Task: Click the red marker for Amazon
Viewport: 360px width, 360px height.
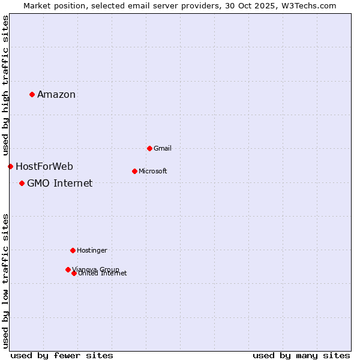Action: (32, 94)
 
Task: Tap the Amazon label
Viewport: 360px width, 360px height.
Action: (56, 94)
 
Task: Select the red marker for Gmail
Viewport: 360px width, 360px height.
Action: (149, 148)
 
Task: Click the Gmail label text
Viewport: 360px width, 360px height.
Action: (163, 148)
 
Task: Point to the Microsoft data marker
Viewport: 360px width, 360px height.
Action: (134, 171)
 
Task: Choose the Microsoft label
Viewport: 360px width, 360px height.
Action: (152, 171)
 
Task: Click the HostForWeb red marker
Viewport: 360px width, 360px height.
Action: (10, 166)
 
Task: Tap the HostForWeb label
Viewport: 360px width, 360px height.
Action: (44, 166)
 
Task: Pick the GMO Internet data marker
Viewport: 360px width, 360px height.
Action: (22, 183)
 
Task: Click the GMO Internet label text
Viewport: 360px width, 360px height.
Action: (60, 183)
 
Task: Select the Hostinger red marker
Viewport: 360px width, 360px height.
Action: (73, 250)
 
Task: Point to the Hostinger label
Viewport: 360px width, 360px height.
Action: (92, 250)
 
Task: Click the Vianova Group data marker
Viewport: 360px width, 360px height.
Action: (68, 269)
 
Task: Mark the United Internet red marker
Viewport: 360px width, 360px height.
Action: (74, 273)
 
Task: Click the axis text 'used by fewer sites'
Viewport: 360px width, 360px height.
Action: (62, 355)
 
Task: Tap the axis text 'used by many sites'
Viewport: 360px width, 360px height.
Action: (301, 355)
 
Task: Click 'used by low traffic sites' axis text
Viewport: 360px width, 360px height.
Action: (5, 281)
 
